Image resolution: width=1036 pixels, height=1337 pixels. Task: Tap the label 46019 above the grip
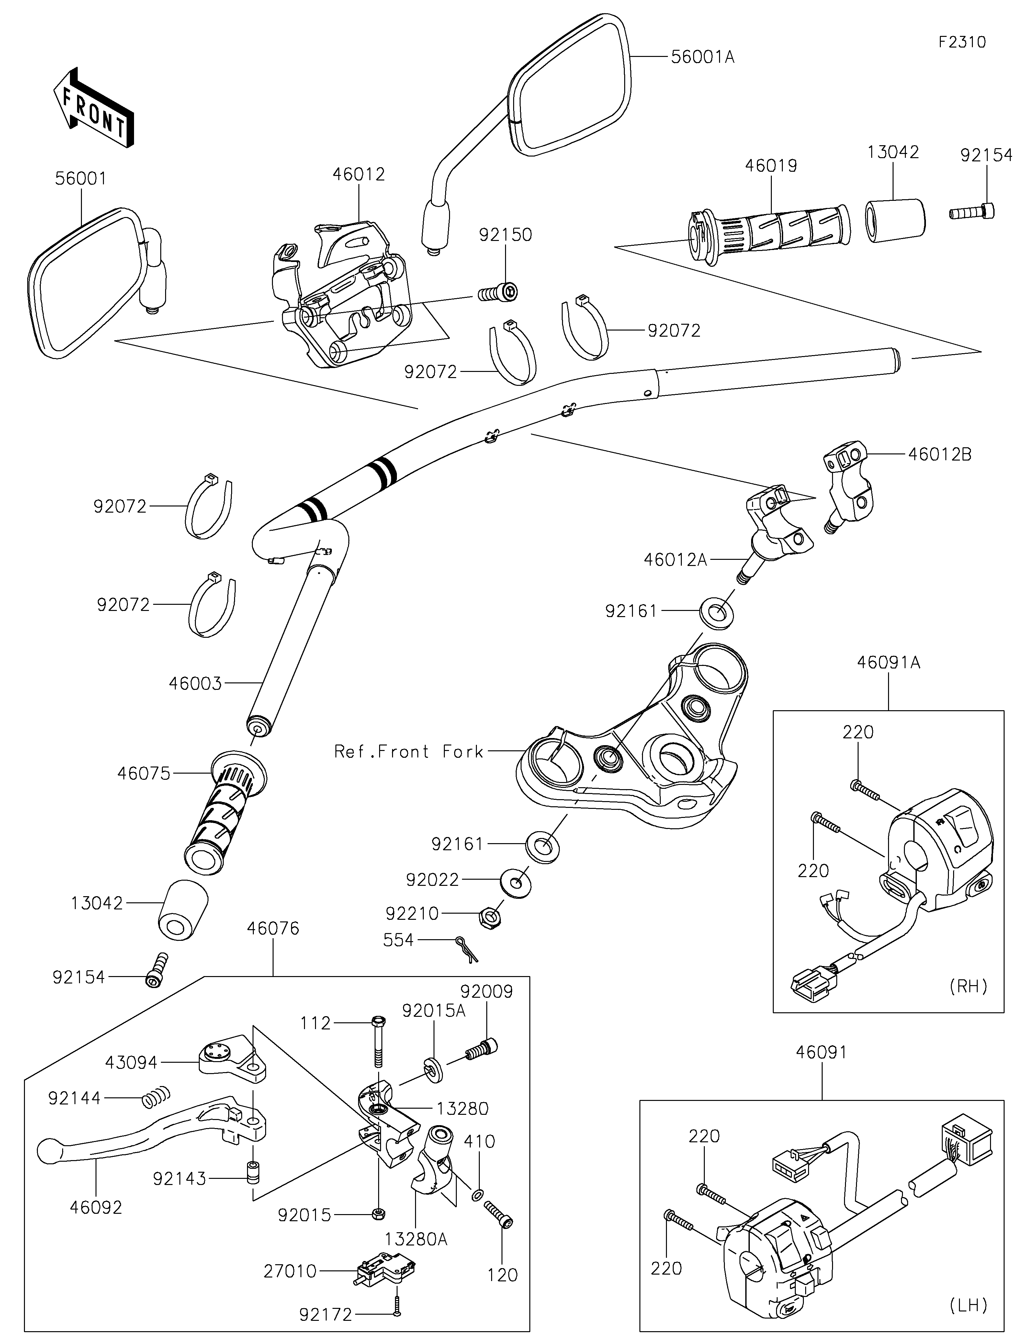[x=771, y=166]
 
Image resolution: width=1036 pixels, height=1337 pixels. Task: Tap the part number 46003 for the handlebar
[x=195, y=683]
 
